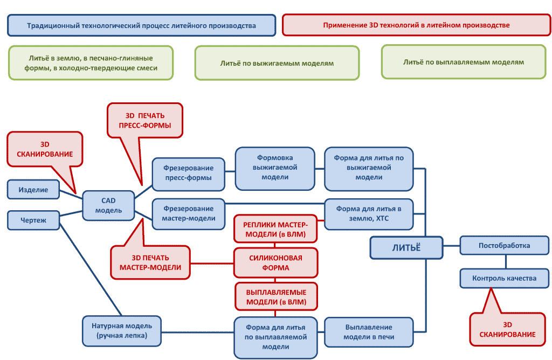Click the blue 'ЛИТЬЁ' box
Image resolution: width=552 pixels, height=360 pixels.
(x=406, y=247)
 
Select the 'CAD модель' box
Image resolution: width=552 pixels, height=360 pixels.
(x=109, y=205)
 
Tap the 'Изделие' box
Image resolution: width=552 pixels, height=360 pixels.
(x=33, y=190)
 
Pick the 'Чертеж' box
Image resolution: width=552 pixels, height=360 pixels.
(x=33, y=220)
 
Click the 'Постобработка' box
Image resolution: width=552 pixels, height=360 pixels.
(x=504, y=246)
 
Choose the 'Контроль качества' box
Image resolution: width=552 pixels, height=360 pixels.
(x=504, y=279)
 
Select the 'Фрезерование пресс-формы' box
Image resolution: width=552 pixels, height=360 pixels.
(x=188, y=173)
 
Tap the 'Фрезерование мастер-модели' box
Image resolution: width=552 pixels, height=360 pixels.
(x=188, y=213)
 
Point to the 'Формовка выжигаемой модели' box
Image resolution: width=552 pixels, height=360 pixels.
(x=275, y=168)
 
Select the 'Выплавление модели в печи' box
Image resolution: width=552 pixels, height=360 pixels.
(x=369, y=332)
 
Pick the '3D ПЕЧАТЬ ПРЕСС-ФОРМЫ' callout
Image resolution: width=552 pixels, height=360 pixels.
(x=145, y=120)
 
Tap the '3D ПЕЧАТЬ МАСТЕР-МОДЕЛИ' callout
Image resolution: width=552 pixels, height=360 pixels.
(x=150, y=262)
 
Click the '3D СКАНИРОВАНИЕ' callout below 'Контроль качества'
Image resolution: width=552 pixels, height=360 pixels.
(x=507, y=330)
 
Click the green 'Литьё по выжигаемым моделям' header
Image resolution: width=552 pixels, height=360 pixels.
(x=277, y=63)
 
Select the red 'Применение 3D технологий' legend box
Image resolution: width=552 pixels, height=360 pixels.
(x=416, y=25)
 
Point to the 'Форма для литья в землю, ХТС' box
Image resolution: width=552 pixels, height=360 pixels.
(x=369, y=213)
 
